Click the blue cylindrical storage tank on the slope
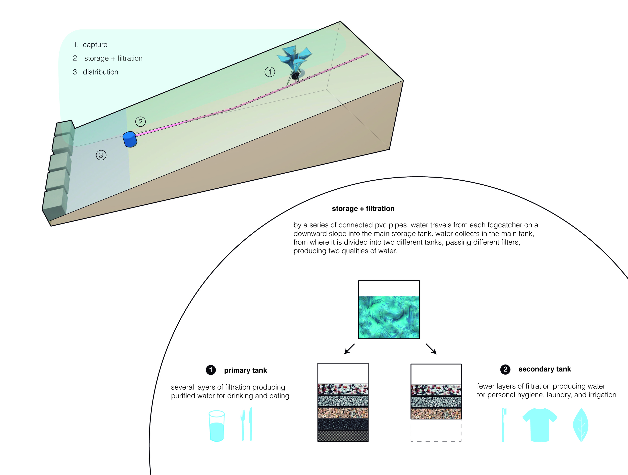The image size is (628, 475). [130, 139]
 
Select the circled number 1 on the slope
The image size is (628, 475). [270, 72]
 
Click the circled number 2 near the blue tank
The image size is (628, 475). [140, 122]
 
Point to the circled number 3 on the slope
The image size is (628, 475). [101, 155]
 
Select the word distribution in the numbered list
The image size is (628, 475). [100, 72]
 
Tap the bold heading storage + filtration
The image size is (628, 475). [363, 209]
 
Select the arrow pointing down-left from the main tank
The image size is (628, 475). [349, 349]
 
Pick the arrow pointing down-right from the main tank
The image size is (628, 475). [431, 349]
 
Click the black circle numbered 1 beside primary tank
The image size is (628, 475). [211, 370]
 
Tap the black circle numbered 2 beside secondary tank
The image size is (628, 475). [505, 370]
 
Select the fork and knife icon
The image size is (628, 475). [246, 424]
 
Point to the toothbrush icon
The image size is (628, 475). [504, 425]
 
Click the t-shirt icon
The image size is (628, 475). [540, 425]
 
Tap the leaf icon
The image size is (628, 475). [581, 425]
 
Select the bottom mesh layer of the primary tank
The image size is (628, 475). [343, 436]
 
